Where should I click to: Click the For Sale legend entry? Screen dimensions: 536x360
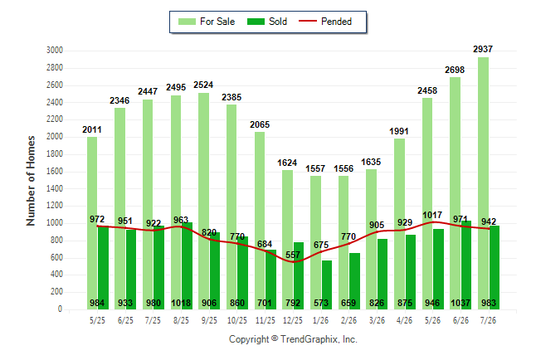point(207,22)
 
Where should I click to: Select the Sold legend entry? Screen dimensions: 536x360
point(267,22)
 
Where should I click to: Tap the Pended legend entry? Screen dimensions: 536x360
point(325,22)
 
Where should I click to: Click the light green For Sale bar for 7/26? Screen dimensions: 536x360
point(484,183)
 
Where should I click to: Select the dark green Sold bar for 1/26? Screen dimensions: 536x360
point(326,285)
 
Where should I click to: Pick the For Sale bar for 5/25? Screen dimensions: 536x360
point(92,223)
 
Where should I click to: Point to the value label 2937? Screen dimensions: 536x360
point(483,49)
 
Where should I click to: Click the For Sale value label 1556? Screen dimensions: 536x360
point(344,168)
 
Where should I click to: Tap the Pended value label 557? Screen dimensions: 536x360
point(293,255)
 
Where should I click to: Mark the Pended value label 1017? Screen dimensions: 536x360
point(432,215)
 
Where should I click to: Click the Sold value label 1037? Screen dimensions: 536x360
point(460,303)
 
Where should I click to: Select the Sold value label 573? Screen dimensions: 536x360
point(320,303)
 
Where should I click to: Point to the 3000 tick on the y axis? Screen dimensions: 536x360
point(55,51)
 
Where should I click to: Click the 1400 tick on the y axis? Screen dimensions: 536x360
point(55,188)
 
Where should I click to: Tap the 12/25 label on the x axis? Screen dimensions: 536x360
point(293,320)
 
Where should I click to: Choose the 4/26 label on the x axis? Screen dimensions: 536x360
point(404,320)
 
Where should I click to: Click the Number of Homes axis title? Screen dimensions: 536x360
point(31,181)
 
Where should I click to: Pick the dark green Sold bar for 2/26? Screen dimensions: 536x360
point(354,281)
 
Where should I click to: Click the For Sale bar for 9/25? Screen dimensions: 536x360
point(204,202)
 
